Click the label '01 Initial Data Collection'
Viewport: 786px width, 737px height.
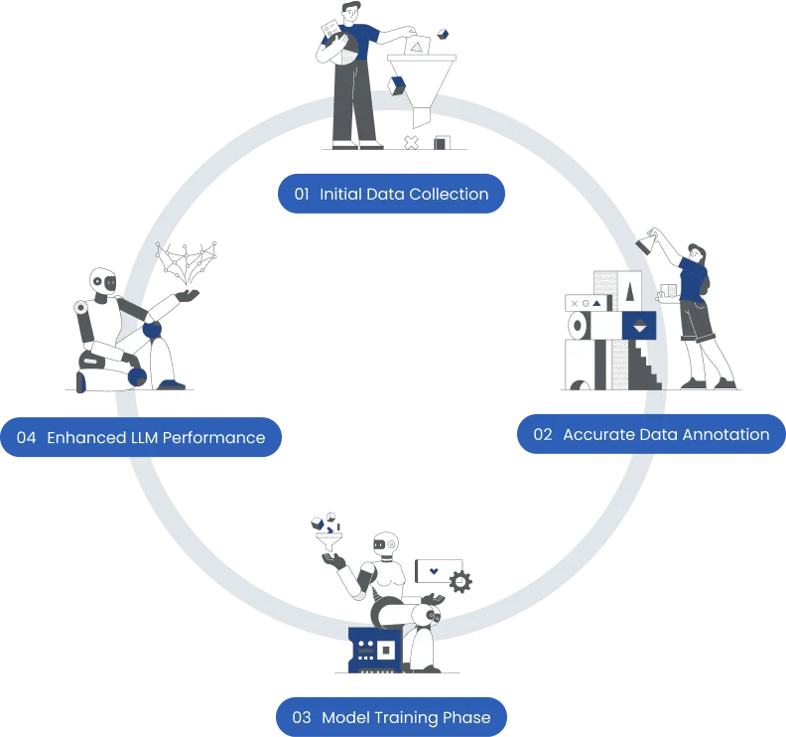coord(391,194)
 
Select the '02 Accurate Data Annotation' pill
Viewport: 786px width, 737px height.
coord(651,434)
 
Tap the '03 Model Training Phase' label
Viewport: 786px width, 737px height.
coord(391,717)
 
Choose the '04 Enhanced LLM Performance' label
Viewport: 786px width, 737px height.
coord(141,437)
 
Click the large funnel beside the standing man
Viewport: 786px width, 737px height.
coord(421,85)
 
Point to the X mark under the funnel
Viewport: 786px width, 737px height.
coord(411,143)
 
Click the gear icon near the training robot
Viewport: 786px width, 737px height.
coord(460,582)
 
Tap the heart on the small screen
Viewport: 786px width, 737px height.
coord(434,571)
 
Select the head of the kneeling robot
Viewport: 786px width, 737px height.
coord(103,281)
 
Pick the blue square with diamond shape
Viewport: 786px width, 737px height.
coord(639,325)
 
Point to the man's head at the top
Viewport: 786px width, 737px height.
coord(351,11)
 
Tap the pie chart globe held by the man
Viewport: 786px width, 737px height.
coord(343,49)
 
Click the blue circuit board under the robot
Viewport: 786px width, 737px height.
coord(375,650)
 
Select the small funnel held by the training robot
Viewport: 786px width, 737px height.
coord(328,542)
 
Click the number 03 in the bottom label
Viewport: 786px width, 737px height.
coord(302,717)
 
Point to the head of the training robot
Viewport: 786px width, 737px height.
coord(386,543)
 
